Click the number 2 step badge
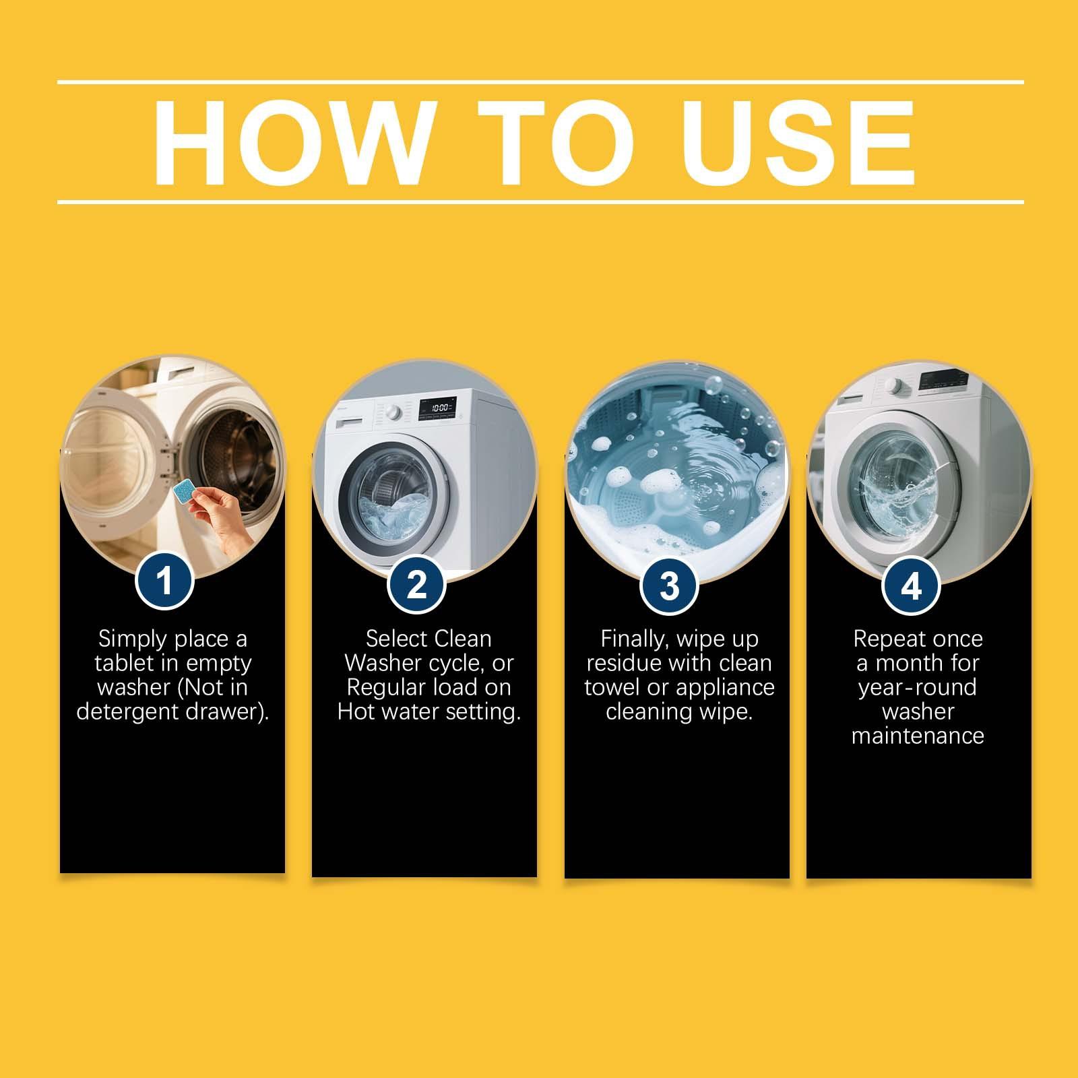tap(416, 583)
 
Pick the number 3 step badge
tap(668, 585)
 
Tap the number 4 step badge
tap(911, 585)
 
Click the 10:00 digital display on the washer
tap(440, 408)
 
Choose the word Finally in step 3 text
tap(635, 639)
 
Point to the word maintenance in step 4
tap(918, 736)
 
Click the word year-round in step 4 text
tap(918, 688)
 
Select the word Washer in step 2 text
tap(377, 664)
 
